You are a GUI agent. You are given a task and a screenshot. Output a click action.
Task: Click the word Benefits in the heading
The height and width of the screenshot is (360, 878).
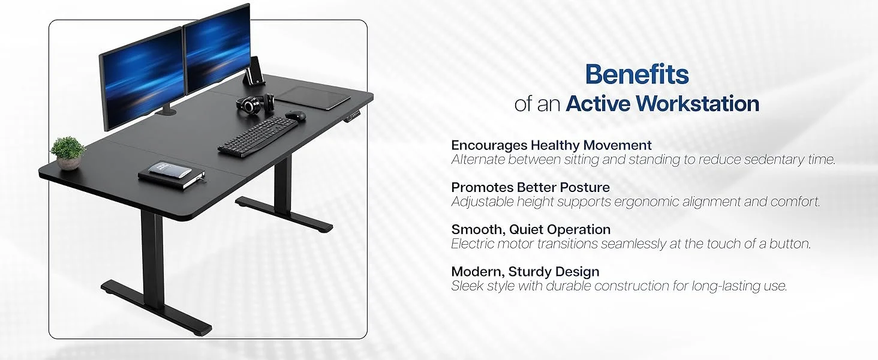[637, 74]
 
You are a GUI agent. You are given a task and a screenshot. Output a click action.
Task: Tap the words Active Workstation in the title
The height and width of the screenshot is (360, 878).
[663, 104]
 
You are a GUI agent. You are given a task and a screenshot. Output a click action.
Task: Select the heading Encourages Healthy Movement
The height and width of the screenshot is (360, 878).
[551, 145]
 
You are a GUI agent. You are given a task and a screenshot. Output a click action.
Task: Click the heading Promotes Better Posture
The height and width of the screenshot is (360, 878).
[530, 187]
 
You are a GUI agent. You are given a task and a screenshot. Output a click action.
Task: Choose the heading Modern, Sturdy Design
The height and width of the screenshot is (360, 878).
[525, 271]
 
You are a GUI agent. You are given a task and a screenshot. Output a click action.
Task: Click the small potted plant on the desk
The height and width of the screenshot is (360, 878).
[67, 154]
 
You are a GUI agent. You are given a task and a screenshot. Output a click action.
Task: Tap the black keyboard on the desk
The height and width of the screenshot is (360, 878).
[257, 137]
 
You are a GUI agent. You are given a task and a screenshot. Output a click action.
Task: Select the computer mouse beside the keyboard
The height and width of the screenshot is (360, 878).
[296, 115]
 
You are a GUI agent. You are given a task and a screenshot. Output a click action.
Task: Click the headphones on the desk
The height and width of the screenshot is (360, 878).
[255, 103]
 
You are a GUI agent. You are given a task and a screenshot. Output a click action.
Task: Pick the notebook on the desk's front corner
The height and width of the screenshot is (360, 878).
[172, 175]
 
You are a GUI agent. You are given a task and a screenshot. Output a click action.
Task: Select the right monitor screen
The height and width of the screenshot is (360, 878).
[217, 47]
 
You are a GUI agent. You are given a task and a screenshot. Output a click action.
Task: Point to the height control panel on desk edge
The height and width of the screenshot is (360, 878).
[354, 116]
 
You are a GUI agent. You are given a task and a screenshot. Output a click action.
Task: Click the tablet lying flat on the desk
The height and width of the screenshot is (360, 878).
[312, 97]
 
